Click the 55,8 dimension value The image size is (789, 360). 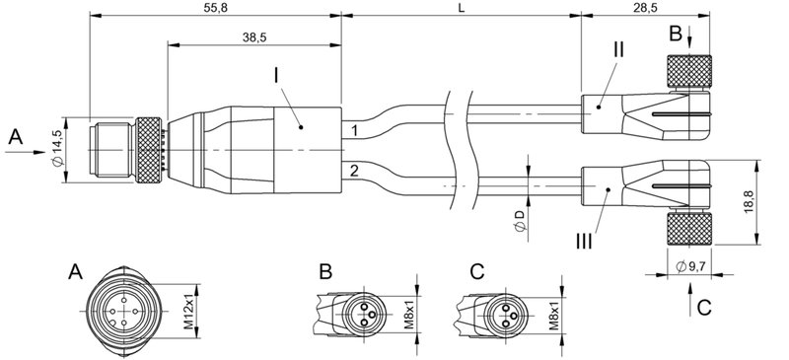(x=214, y=8)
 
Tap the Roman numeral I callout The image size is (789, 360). (x=279, y=76)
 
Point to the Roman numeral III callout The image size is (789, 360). (x=587, y=236)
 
